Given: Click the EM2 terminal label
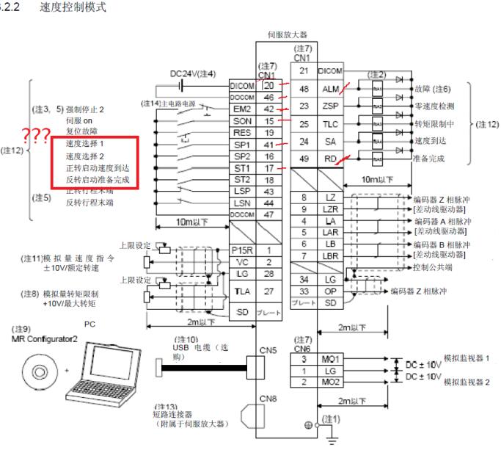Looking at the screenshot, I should tap(241, 109).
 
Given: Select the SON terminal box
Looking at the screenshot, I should tap(241, 121).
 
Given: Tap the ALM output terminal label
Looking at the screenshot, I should tap(329, 89).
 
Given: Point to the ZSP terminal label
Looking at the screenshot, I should tap(329, 106).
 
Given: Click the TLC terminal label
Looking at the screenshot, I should tap(329, 124).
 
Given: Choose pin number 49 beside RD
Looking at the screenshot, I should tap(304, 159).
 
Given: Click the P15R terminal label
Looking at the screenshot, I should tap(241, 250).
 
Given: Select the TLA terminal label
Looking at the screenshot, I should tap(241, 291).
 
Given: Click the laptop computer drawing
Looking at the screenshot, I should tap(100, 367).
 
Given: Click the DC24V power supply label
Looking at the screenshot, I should tap(192, 74).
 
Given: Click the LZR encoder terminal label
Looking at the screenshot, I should tap(329, 210).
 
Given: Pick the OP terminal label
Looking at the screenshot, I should tap(329, 291).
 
